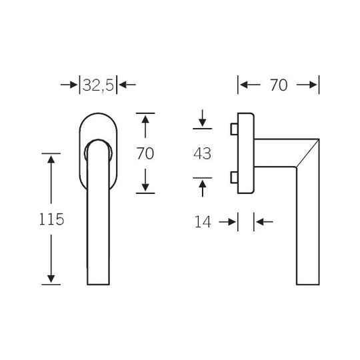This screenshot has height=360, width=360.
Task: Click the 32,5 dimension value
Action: click(x=98, y=85)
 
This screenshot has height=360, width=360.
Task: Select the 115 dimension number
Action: click(x=51, y=219)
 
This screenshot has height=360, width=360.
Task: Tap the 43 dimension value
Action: click(x=202, y=153)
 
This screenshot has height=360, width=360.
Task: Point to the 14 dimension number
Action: click(x=203, y=222)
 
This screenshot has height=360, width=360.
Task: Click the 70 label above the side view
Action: click(x=279, y=85)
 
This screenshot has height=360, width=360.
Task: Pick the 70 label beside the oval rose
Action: click(x=145, y=153)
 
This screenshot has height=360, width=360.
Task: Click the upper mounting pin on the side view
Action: click(x=234, y=129)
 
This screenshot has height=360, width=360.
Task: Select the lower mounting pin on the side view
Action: click(x=234, y=177)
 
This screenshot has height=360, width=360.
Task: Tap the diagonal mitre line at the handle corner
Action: click(x=307, y=153)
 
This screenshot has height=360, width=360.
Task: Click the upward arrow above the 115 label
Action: click(x=51, y=179)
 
